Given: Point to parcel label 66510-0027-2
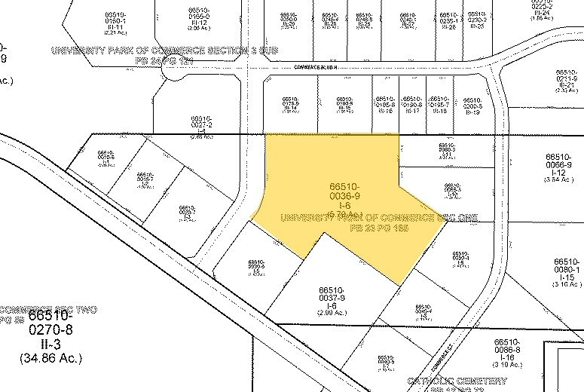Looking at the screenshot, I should [x=202, y=122].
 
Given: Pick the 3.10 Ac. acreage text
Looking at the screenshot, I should [x=565, y=285].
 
